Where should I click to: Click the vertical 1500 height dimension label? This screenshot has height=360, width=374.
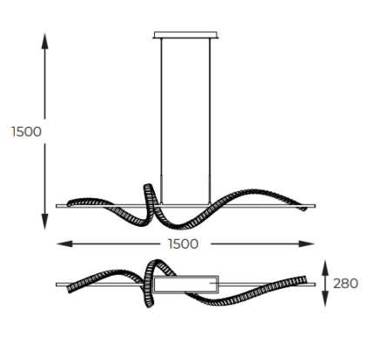26,131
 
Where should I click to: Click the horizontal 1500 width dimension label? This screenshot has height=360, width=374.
184,244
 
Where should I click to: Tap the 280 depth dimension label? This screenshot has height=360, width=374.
345,283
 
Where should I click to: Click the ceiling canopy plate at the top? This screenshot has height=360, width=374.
185,35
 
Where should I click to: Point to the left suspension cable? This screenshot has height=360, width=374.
162,120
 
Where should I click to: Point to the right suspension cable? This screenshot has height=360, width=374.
210,120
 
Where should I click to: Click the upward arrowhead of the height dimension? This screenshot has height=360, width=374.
44,41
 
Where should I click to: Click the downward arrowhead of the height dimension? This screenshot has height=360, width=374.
44,222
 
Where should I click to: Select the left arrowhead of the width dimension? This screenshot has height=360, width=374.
65,244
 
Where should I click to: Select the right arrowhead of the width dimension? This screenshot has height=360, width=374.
307,244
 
